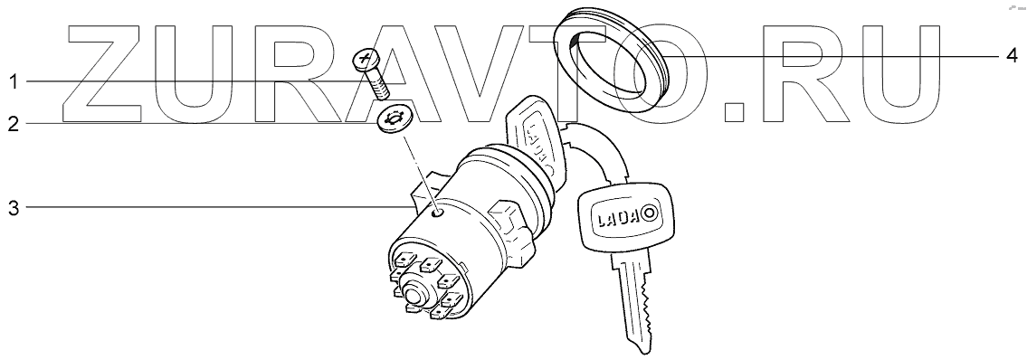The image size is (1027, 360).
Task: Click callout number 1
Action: click(13, 81)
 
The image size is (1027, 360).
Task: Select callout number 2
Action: click(13, 124)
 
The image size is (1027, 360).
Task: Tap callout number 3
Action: click(13, 209)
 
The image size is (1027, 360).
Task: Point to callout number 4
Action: click(1012, 57)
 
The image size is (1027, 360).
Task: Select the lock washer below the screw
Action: click(392, 119)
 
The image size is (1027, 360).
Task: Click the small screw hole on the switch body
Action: click(440, 213)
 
